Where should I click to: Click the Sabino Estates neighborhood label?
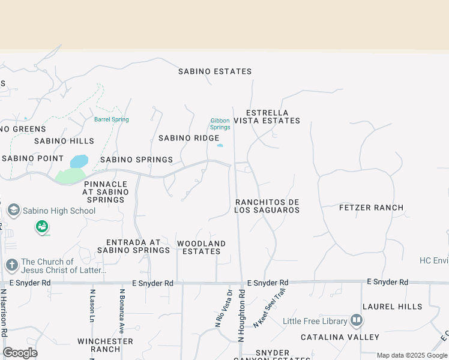pyautogui.click(x=215, y=71)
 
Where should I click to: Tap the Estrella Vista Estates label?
pyautogui.click(x=267, y=116)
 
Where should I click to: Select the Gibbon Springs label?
pyautogui.click(x=220, y=124)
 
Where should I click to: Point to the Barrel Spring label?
pyautogui.click(x=111, y=119)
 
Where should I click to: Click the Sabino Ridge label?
pyautogui.click(x=188, y=138)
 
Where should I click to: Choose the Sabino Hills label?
pyautogui.click(x=64, y=141)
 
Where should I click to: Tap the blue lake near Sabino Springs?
pyautogui.click(x=79, y=161)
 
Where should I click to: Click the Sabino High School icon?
pyautogui.click(x=13, y=211)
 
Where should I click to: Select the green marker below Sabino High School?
pyautogui.click(x=42, y=227)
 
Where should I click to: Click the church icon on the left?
pyautogui.click(x=11, y=265)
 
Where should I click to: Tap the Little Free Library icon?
pyautogui.click(x=357, y=320)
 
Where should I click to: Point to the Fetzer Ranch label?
pyautogui.click(x=371, y=208)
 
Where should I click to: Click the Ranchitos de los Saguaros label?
pyautogui.click(x=267, y=206)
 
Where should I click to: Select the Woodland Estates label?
pyautogui.click(x=201, y=247)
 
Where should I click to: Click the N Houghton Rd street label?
pyautogui.click(x=242, y=315)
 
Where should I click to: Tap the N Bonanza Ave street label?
pyautogui.click(x=122, y=311)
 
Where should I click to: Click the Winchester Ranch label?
pyautogui.click(x=105, y=345)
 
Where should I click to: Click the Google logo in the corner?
pyautogui.click(x=20, y=353)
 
